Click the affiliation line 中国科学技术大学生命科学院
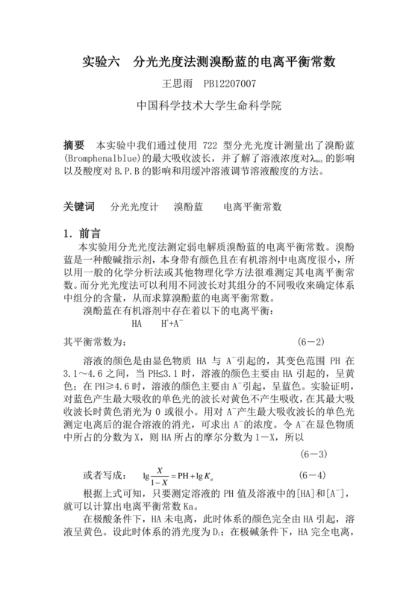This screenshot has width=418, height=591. point(209,106)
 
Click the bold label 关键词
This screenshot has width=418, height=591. point(80,205)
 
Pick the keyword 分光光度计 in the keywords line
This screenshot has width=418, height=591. point(134,205)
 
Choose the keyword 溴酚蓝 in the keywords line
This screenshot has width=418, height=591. point(188,205)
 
